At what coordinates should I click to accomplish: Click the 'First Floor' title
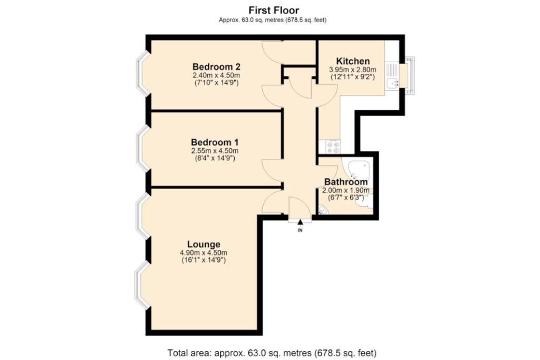point(274,10)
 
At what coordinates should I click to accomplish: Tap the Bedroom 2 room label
point(216,66)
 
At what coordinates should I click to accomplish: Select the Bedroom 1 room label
point(215,142)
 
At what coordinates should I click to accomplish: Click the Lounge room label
point(204,245)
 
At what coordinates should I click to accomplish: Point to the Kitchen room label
point(353,61)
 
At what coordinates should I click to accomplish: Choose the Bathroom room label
point(346,182)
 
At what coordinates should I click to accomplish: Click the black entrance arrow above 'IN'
point(300,222)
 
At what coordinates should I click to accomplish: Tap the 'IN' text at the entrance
point(300,230)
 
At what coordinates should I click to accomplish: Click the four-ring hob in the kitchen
point(333,147)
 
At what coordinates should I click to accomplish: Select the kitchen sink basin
point(392,83)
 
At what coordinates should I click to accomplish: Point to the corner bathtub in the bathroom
point(358,170)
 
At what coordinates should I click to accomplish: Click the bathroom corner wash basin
point(323,210)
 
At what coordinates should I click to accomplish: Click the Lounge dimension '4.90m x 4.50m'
point(204,253)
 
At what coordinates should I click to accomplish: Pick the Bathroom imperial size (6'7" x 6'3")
point(346,197)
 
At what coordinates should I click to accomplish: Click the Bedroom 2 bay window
point(143,73)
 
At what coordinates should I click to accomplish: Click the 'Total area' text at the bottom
point(272,353)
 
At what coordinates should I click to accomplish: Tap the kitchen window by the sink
point(409,76)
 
